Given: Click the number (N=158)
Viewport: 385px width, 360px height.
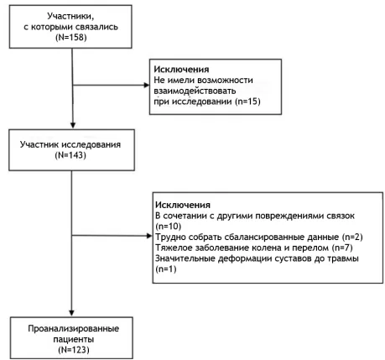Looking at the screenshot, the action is (x=71, y=37).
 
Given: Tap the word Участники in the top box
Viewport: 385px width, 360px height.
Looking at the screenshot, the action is (x=70, y=16).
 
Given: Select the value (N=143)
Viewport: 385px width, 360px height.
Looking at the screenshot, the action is (x=70, y=155).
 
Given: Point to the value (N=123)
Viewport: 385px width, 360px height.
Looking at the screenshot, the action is (x=74, y=350).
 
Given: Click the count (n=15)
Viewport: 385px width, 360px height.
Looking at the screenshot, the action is (x=247, y=101).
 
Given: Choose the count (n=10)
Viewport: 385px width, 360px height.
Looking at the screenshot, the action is (x=169, y=226).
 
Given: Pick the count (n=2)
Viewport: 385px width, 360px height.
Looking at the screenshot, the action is (x=352, y=237).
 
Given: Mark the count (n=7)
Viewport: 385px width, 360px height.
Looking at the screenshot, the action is (x=342, y=248).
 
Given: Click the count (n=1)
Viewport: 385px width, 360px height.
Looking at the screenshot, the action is (x=166, y=269).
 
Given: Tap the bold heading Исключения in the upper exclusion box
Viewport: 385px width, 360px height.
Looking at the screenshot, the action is (x=181, y=69).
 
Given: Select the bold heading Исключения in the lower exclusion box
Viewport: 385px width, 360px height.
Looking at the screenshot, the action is (x=183, y=205).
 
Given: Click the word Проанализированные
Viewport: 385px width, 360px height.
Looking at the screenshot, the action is (x=74, y=328).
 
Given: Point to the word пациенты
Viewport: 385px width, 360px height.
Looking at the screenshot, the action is (x=74, y=339).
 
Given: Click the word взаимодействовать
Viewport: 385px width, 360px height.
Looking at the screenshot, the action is (x=195, y=91).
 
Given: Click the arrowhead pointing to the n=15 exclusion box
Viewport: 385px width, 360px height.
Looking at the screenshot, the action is (x=147, y=85).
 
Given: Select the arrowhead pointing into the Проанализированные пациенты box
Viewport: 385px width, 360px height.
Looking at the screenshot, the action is (x=71, y=313).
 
